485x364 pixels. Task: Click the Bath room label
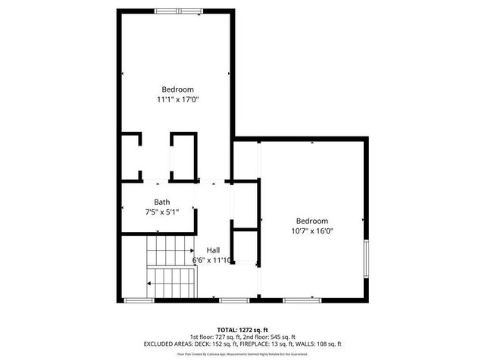click(162, 202)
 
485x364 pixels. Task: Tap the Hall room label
click(213, 250)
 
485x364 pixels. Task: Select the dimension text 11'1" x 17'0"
click(178, 99)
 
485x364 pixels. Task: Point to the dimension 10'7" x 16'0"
click(312, 231)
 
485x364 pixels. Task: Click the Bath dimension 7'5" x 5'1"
click(162, 212)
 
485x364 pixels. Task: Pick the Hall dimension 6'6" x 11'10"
click(211, 260)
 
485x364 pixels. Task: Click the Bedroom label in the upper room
click(178, 88)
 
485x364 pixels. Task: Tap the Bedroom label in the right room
click(312, 221)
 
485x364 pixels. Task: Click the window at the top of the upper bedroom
click(179, 11)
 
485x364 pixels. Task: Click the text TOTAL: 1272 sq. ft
click(242, 329)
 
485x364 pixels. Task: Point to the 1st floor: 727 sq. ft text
click(214, 337)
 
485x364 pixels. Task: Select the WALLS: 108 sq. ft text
click(322, 344)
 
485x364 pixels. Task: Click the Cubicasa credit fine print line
click(242, 353)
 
